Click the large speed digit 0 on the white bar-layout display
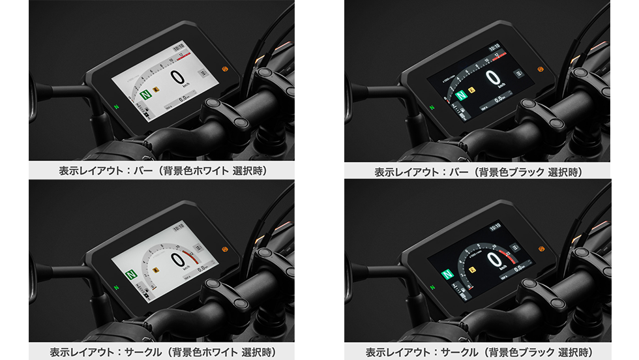point(177,78)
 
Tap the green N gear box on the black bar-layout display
point(461,95)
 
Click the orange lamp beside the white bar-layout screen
point(225,68)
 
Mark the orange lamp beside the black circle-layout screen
point(541,248)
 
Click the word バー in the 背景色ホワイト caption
point(154,172)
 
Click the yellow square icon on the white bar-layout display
point(156,92)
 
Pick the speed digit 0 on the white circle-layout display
point(176,260)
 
